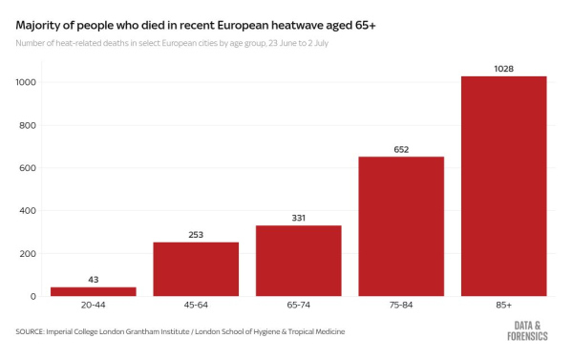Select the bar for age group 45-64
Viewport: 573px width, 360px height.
coord(196,269)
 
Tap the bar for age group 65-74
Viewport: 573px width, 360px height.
coord(298,261)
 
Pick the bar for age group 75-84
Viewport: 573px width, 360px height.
coord(401,226)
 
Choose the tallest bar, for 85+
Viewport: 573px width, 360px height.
coord(503,186)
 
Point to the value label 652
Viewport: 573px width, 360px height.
coord(401,149)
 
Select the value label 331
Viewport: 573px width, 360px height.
coord(298,218)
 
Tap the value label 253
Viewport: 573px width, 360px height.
coord(196,234)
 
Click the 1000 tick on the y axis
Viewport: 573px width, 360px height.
coord(26,83)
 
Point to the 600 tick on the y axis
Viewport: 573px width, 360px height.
coord(28,168)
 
